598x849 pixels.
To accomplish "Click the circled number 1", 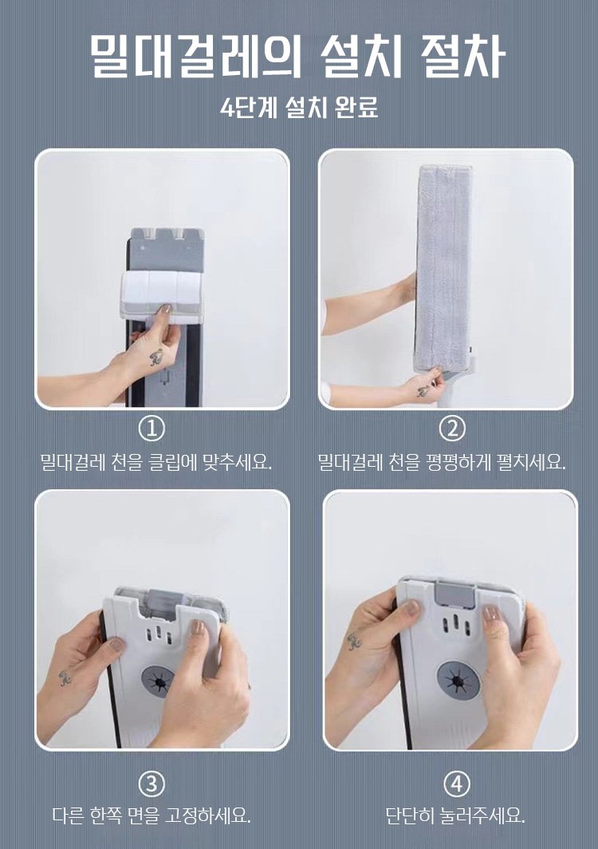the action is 152,428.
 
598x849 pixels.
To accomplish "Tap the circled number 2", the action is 452,428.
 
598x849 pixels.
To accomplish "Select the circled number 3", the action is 152,784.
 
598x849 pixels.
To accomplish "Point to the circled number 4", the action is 457,784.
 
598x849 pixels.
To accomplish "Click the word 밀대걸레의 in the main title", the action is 195,56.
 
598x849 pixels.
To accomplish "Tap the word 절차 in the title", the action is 462,56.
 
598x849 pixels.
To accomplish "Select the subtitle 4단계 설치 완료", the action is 299,107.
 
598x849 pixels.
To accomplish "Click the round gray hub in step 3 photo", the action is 159,681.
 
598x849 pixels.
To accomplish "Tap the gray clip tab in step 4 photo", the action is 455,594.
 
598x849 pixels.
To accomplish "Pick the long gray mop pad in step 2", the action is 443,267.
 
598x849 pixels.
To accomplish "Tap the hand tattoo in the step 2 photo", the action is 423,391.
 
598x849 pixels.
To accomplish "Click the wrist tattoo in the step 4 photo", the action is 355,641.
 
